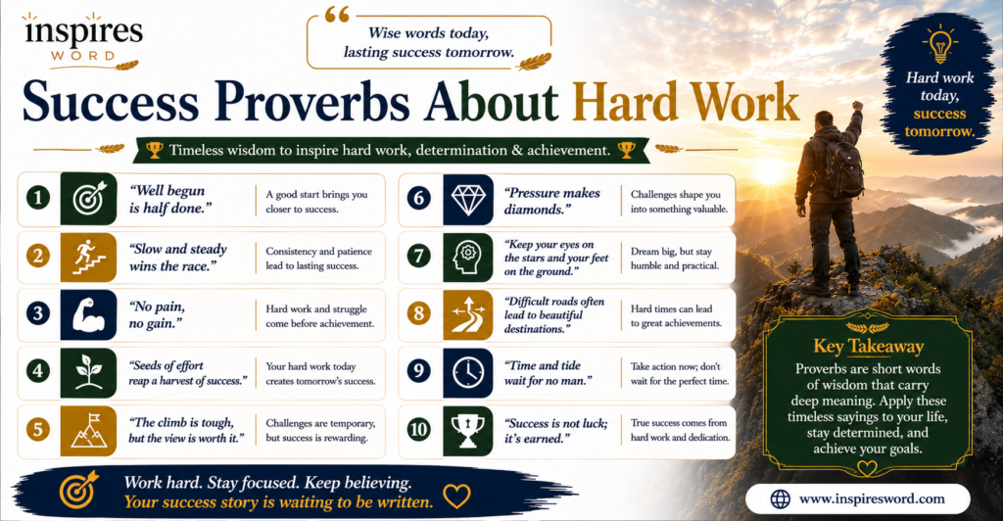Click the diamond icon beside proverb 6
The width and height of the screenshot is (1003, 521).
pyautogui.click(x=467, y=200)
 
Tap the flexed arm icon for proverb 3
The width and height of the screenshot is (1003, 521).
pyautogui.click(x=88, y=314)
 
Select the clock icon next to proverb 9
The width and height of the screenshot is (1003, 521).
pyautogui.click(x=467, y=373)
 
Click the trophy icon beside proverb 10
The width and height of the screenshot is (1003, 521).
pyautogui.click(x=467, y=430)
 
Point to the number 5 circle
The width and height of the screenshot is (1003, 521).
pyautogui.click(x=38, y=429)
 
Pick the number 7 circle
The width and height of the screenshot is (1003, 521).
pyautogui.click(x=418, y=257)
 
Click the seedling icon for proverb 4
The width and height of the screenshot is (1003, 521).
pyautogui.click(x=88, y=372)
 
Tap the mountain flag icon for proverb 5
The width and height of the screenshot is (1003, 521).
pyautogui.click(x=89, y=430)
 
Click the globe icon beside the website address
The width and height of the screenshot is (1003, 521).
pyautogui.click(x=780, y=499)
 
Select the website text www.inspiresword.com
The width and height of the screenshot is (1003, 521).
pyautogui.click(x=872, y=498)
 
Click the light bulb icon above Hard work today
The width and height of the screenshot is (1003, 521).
pyautogui.click(x=939, y=43)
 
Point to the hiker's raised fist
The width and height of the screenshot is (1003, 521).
pyautogui.click(x=857, y=106)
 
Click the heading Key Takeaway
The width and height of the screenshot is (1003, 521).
pyautogui.click(x=868, y=347)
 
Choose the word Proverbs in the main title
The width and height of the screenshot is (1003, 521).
pyautogui.click(x=312, y=102)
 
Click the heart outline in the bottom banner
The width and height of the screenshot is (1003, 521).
pyautogui.click(x=456, y=495)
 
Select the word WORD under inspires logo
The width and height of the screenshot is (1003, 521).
pyautogui.click(x=83, y=56)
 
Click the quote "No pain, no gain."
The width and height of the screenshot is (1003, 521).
pyautogui.click(x=157, y=314)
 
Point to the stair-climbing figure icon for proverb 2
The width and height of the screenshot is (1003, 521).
pyautogui.click(x=88, y=257)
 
